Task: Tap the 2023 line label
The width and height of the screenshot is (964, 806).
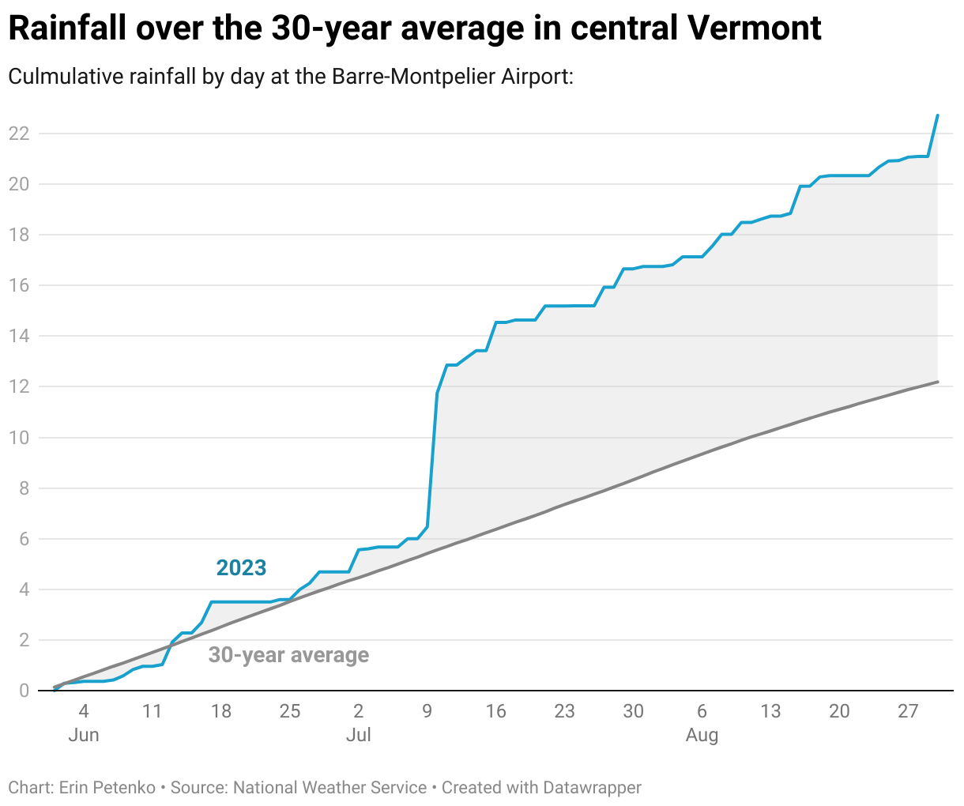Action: [241, 567]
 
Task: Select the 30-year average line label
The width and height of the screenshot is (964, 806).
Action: [288, 655]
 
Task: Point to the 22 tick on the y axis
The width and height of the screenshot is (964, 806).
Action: [18, 134]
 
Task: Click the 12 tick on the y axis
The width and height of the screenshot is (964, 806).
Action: [18, 387]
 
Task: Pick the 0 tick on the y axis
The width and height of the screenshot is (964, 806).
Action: [24, 691]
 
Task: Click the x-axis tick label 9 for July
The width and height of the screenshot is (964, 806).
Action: [427, 711]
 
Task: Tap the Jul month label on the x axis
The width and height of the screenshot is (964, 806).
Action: [358, 736]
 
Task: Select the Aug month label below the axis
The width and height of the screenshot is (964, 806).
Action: [702, 736]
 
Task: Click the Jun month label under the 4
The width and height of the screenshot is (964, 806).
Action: [84, 736]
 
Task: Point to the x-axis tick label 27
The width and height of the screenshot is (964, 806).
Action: [908, 711]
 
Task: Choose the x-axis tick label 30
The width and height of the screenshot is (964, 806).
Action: [633, 711]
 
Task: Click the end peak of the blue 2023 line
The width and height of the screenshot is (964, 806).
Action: [937, 115]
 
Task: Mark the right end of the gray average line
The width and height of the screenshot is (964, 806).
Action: [937, 382]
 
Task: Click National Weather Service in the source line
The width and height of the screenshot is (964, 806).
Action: [329, 788]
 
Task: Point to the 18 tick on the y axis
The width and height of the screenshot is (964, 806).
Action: [18, 235]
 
